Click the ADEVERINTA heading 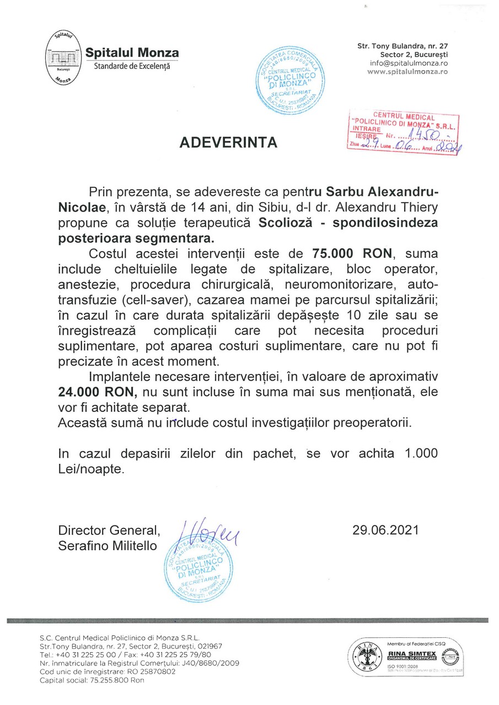point(228,144)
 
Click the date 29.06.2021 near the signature point(386,530)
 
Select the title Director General point(109,530)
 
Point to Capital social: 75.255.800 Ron point(92,681)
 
